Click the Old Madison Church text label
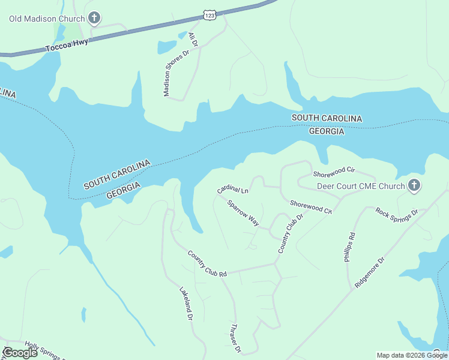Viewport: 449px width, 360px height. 47,19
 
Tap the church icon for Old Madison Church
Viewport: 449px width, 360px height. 94,19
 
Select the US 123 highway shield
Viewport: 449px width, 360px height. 209,14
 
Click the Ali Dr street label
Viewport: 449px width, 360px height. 193,40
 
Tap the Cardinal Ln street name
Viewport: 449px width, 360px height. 233,190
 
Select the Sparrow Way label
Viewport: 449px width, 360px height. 243,213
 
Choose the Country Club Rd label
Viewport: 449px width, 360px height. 206,264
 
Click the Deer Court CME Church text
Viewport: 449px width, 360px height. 361,186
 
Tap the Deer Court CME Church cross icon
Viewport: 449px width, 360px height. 414,186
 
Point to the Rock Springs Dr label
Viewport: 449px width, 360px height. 397,212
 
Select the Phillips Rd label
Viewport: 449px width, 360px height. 350,247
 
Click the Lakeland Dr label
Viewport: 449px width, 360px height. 185,302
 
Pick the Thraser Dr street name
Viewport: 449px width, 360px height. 236,338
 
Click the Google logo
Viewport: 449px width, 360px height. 20,353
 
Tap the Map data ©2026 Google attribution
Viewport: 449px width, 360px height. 412,355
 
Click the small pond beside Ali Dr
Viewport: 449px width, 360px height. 166,47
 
